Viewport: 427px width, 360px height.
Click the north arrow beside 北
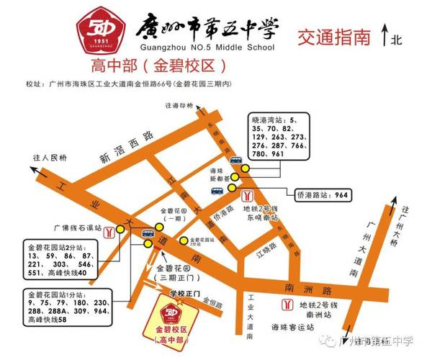point(386,34)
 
